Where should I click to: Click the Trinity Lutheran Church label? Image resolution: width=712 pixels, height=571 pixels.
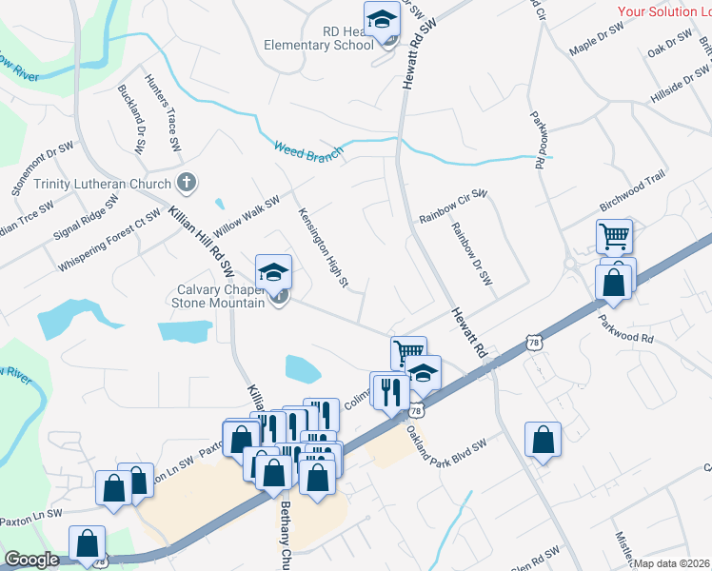coord(103,184)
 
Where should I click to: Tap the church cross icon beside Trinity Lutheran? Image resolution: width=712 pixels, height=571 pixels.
coord(187,182)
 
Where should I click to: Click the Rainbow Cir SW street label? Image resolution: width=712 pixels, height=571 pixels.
coord(453,208)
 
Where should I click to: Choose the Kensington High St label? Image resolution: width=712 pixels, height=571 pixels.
coord(324,248)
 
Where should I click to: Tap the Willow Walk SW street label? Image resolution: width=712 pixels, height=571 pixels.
coord(247,217)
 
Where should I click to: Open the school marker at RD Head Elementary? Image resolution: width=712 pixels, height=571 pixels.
coord(381,19)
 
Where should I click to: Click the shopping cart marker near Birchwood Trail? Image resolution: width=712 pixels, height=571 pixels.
coord(614,235)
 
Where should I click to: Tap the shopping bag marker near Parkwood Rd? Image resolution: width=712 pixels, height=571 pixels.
coord(614,283)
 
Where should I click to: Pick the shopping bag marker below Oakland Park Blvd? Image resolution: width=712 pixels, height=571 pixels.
coord(543,441)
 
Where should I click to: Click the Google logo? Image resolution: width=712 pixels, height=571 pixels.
coord(32,560)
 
